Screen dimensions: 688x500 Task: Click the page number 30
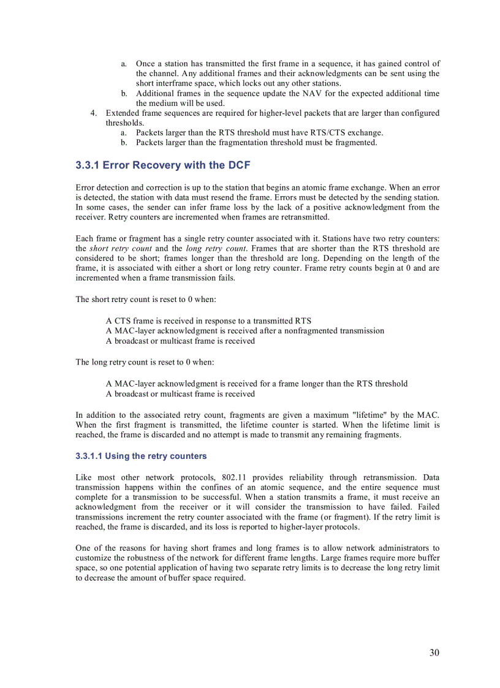pyautogui.click(x=434, y=652)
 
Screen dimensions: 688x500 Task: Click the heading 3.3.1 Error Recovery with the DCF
pyautogui.click(x=162, y=165)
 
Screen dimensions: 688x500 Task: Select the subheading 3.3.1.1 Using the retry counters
pyautogui.click(x=141, y=456)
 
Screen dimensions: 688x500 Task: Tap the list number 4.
pyautogui.click(x=94, y=113)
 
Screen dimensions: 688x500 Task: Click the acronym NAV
pyautogui.click(x=311, y=94)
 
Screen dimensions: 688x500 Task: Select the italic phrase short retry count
pyautogui.click(x=121, y=248)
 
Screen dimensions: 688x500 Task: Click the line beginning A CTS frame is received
pyautogui.click(x=208, y=320)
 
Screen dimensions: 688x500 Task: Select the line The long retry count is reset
pyautogui.click(x=145, y=362)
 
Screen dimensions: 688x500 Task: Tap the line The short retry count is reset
pyautogui.click(x=146, y=299)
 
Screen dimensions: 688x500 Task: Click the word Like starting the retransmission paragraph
pyautogui.click(x=84, y=477)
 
